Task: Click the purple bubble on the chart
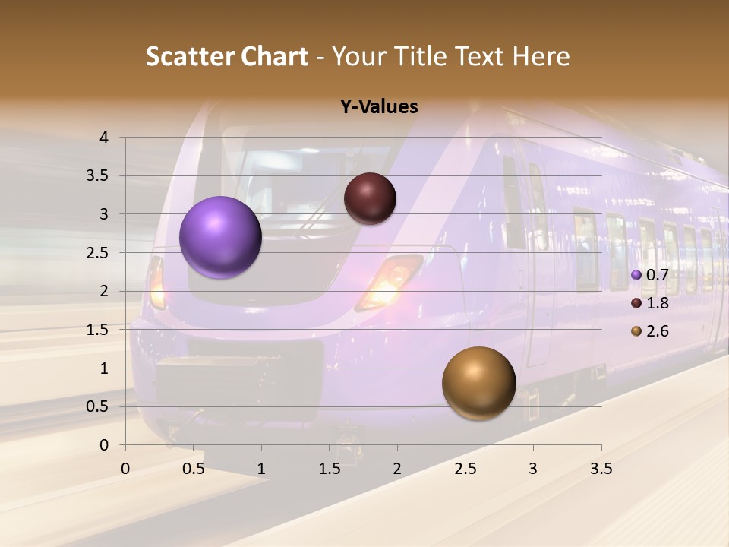tap(221, 237)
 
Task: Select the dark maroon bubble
tap(370, 198)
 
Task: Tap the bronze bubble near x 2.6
tap(478, 383)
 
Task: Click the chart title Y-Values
tap(378, 107)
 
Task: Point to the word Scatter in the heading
tap(189, 56)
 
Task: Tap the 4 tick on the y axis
tap(104, 138)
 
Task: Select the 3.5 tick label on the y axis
tap(97, 176)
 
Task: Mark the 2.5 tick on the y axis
tap(97, 253)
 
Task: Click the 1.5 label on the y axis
tap(97, 330)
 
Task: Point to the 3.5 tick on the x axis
tap(601, 469)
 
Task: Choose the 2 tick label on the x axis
tap(397, 469)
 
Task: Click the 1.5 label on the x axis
tap(329, 469)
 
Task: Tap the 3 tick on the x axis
tap(533, 469)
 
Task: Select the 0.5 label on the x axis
tap(194, 469)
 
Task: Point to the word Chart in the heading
tap(275, 56)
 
